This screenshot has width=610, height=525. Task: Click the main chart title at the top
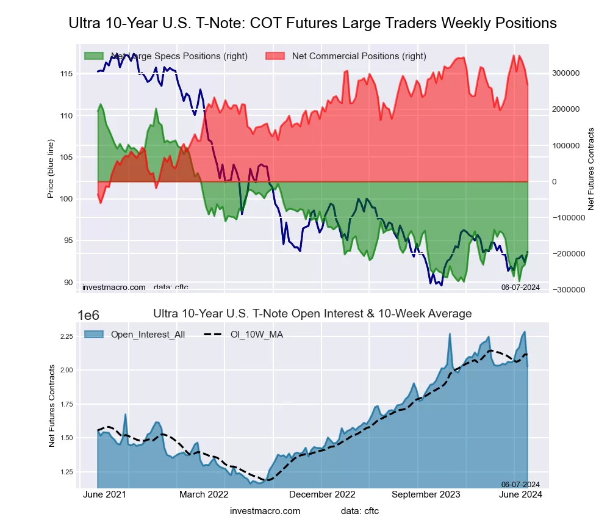click(312, 23)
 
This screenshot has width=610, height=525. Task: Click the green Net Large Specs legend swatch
click(95, 56)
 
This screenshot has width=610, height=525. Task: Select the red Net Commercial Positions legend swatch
click(276, 56)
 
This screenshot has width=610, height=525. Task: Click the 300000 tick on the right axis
click(565, 73)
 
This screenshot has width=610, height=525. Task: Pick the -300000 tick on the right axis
click(567, 290)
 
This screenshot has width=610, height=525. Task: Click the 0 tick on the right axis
click(554, 182)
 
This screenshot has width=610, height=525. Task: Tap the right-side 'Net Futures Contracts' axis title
click(591, 169)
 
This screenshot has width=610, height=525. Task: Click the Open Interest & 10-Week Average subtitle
click(312, 314)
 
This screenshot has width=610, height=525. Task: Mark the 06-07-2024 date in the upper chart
click(520, 287)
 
